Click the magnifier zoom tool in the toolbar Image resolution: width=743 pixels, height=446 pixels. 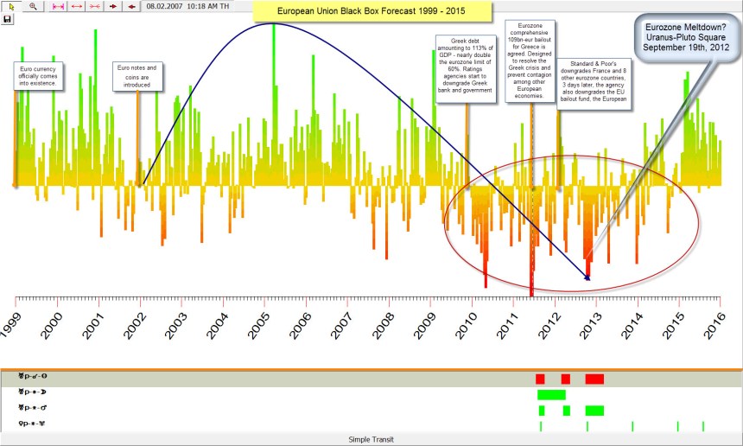(x=33, y=5)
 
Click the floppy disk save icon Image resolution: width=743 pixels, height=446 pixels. (x=8, y=18)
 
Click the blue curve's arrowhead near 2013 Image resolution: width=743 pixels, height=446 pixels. (x=588, y=277)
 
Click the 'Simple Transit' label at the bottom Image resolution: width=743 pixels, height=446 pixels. (x=371, y=439)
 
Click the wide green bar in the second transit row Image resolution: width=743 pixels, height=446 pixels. (x=551, y=394)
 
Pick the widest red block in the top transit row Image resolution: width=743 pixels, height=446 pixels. (x=594, y=379)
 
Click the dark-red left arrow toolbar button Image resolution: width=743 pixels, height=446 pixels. (x=131, y=5)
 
